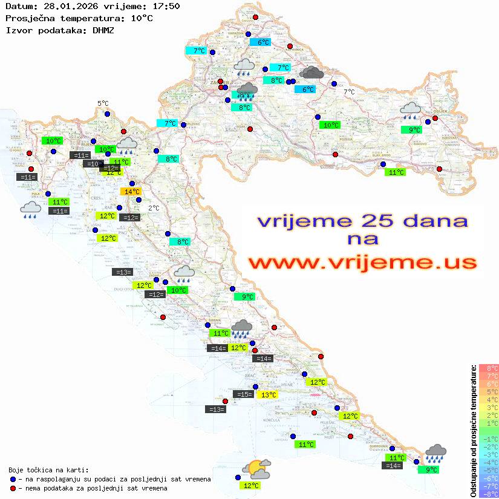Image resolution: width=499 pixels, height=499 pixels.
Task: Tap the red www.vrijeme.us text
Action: [362, 262]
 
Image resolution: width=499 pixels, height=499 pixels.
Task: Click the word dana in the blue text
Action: [432, 220]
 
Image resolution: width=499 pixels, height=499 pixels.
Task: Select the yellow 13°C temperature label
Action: [268, 395]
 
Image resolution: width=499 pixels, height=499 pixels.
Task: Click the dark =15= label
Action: [243, 394]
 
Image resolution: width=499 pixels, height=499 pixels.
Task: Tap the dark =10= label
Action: [93, 164]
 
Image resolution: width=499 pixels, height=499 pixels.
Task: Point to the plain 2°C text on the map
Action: [154, 208]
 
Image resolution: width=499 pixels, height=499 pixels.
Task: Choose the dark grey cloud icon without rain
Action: [311, 73]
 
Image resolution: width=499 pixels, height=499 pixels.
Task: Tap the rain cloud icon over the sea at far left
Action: [30, 210]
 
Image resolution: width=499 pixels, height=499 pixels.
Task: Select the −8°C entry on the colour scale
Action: [489, 494]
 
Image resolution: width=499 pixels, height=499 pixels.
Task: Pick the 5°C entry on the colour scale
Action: [489, 391]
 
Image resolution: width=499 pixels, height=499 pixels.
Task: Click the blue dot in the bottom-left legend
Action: [13, 479]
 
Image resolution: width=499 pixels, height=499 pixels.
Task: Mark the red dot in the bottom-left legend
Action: [13, 488]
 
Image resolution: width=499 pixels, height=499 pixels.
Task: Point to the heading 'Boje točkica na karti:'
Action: [48, 470]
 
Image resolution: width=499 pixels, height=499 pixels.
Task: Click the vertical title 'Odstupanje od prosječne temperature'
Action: [473, 431]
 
